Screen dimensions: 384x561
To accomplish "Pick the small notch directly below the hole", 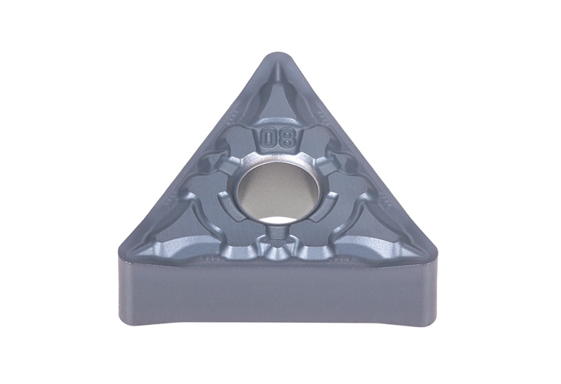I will tap(276, 235).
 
